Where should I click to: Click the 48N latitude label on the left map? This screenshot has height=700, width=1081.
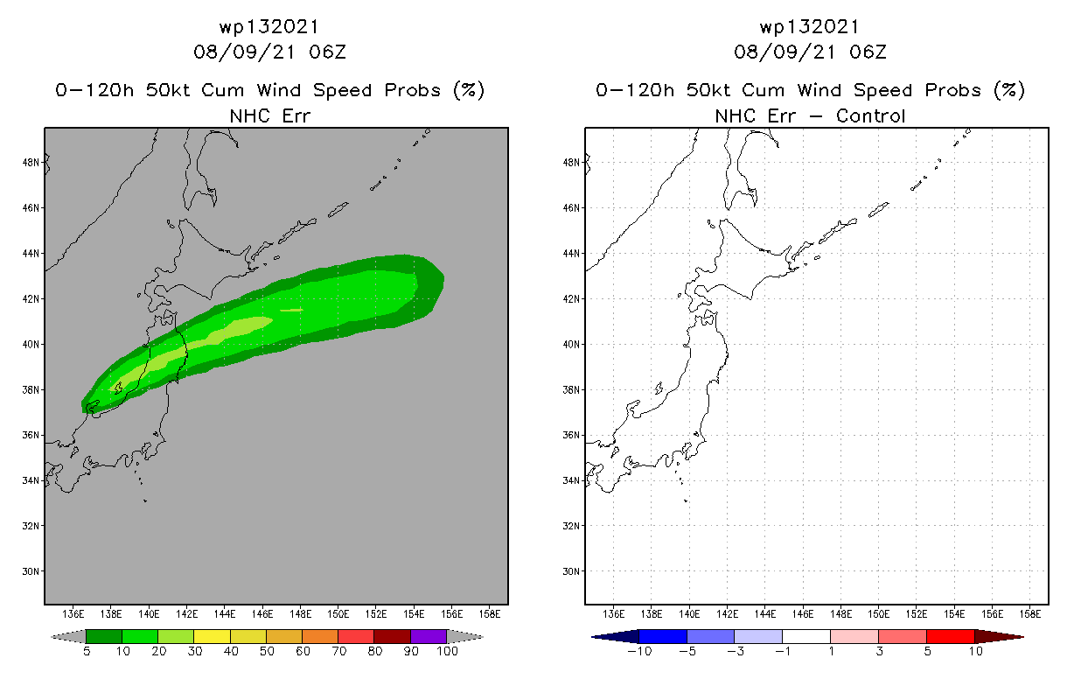click(x=31, y=162)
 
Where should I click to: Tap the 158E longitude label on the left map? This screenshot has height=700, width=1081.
click(x=490, y=613)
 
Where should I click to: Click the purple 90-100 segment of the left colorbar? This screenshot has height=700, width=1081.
click(x=429, y=636)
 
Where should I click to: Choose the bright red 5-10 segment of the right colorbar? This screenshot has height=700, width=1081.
click(x=950, y=636)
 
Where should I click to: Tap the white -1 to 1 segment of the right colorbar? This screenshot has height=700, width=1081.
click(x=806, y=636)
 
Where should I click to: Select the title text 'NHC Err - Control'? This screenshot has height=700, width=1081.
click(x=810, y=115)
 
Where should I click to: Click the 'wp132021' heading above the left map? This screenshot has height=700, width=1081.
click(x=269, y=27)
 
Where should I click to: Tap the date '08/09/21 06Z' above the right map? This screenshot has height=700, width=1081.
click(x=810, y=52)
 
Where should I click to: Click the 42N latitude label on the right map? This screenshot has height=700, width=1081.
click(x=571, y=298)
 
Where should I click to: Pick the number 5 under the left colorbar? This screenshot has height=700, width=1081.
click(x=87, y=651)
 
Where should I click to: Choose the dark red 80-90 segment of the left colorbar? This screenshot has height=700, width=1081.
click(x=392, y=636)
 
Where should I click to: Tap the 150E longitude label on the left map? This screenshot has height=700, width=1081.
click(x=338, y=613)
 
